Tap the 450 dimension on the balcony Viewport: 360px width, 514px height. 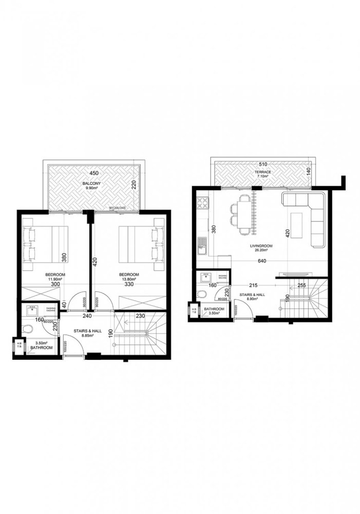tap(93, 173)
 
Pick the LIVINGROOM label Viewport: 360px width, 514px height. tap(262, 246)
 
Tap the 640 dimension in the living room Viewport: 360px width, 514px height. tap(262, 260)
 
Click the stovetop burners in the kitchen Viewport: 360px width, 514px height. tap(202, 201)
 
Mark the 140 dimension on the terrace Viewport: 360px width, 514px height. tap(309, 171)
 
